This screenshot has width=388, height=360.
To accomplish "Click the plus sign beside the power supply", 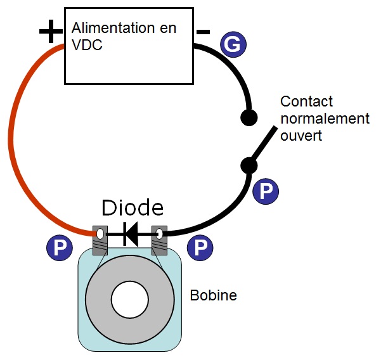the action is (x=51, y=32).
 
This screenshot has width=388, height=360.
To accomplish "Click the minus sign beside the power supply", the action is (x=203, y=32).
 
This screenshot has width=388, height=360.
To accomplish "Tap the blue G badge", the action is (x=233, y=44).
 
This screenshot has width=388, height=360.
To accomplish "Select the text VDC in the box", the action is (x=87, y=45).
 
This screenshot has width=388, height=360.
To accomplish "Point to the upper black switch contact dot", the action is (x=249, y=117).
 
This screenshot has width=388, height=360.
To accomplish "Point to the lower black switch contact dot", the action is (x=249, y=165).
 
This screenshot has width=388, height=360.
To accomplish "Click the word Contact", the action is (x=306, y=101).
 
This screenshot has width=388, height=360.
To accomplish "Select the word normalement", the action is (x=325, y=119).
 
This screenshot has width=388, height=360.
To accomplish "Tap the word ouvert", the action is (x=301, y=136).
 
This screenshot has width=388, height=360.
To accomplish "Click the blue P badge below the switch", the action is (x=266, y=191).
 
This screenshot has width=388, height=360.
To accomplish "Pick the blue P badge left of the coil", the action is (x=60, y=247).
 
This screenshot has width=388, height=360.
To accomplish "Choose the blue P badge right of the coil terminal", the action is (x=200, y=247).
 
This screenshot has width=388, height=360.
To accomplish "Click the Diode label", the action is (x=133, y=207).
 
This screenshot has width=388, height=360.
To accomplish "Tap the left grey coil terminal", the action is (x=100, y=240).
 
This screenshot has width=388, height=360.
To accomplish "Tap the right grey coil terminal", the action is (x=159, y=240).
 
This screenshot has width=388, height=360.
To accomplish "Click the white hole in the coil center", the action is (x=130, y=299).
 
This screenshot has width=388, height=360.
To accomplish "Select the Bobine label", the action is (x=213, y=295).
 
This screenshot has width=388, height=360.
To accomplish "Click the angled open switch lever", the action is (x=263, y=143).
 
